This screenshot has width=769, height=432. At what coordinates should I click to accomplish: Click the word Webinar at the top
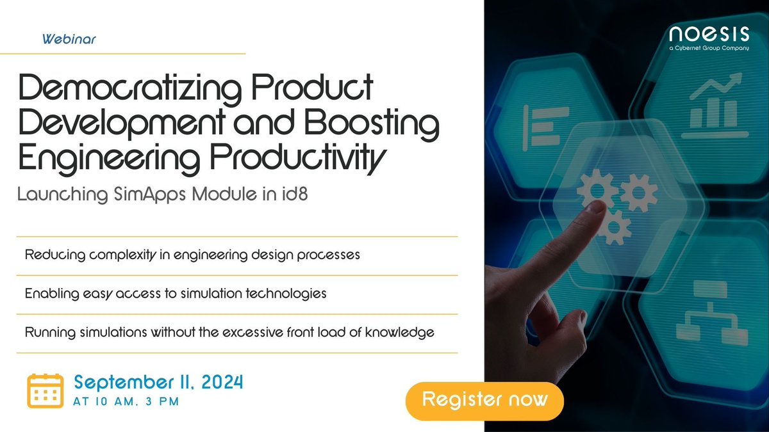coord(69,39)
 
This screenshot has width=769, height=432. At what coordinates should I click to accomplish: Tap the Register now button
coord(485,400)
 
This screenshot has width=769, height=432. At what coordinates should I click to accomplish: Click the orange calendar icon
coord(45,390)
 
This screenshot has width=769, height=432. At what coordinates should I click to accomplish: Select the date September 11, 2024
coord(158,383)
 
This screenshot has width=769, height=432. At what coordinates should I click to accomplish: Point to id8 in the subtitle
coord(294,194)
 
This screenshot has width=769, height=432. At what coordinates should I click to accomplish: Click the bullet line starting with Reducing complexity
coord(192,255)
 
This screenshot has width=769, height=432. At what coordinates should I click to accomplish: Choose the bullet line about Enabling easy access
coord(176,294)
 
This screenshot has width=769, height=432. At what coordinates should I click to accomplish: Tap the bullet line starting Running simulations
coord(229,333)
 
